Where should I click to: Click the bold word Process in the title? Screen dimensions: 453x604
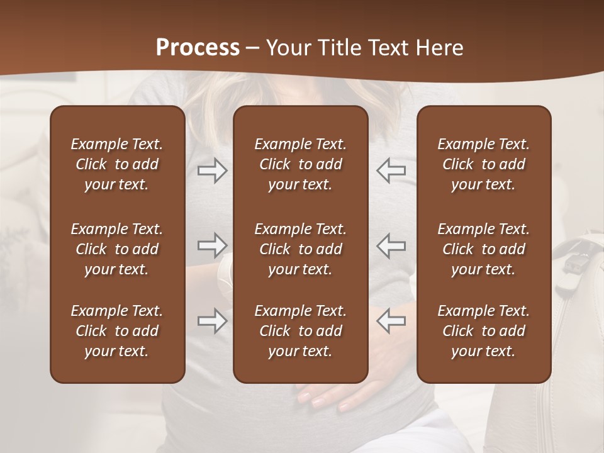(198, 48)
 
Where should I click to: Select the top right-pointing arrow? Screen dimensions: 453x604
(212, 171)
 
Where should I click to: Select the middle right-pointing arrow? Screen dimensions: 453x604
(212, 245)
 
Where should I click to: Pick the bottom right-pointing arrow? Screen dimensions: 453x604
(212, 320)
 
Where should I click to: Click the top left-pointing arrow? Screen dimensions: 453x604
(391, 171)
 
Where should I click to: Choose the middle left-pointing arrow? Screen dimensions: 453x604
(391, 245)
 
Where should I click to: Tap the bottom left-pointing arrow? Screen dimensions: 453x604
(391, 320)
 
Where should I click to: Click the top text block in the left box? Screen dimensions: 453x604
(117, 164)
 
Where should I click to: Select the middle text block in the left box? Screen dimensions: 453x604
(117, 249)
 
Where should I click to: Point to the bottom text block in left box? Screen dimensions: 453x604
(117, 331)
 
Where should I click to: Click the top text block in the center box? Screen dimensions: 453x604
(300, 164)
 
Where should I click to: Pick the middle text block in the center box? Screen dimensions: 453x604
(300, 249)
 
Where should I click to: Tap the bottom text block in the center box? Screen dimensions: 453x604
(300, 331)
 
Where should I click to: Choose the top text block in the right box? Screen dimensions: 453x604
(483, 164)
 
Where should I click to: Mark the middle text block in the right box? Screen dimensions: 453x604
(483, 249)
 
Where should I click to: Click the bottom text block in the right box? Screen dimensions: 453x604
(483, 331)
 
